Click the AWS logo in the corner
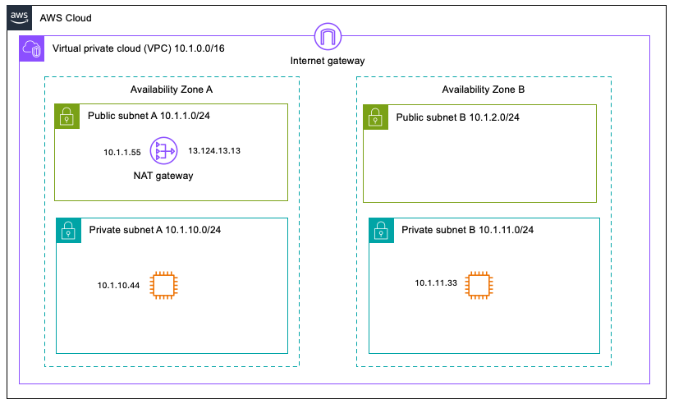19,17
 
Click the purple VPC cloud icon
33,49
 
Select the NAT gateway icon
167,151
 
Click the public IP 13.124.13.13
213,151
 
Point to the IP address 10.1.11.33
434,283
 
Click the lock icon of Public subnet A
66,116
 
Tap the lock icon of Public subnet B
375,116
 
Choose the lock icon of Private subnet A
67,230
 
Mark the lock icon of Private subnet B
380,230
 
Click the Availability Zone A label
172,89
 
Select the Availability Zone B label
483,89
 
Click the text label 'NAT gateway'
163,175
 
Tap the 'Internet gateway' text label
328,61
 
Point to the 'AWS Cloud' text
66,17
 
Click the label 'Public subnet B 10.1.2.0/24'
457,117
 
